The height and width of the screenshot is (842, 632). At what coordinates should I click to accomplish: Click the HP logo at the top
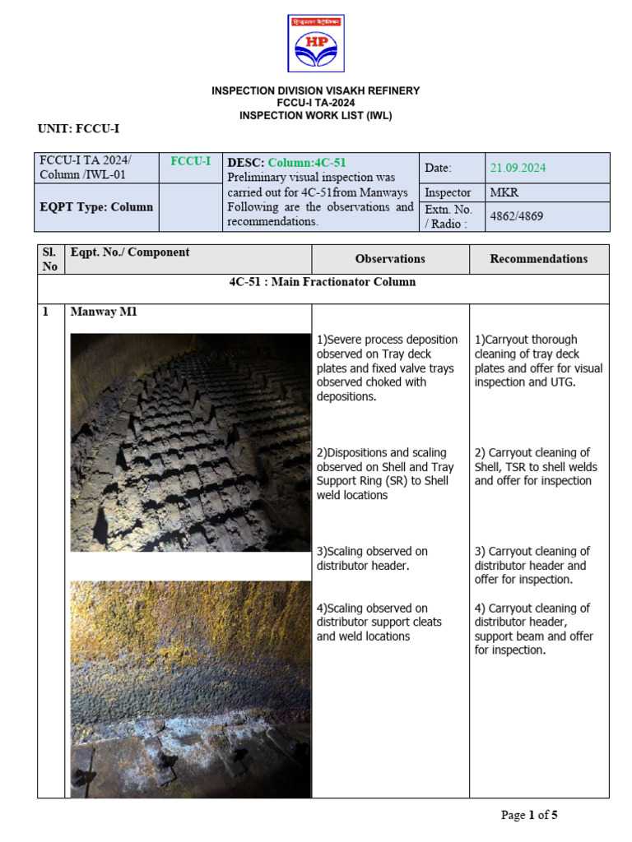click(316, 43)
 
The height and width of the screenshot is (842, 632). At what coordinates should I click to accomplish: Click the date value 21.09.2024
click(518, 168)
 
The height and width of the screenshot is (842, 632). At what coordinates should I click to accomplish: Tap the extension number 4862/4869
click(517, 216)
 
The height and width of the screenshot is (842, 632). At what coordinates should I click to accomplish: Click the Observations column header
click(390, 258)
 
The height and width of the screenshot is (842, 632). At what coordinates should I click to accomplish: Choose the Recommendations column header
click(539, 258)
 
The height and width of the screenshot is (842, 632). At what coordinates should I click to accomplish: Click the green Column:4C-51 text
click(307, 163)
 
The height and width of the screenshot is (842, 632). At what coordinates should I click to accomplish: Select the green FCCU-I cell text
click(190, 161)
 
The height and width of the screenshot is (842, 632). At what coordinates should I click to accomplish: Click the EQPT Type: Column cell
click(96, 206)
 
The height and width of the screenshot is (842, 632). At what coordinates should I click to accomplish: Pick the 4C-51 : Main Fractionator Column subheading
click(323, 282)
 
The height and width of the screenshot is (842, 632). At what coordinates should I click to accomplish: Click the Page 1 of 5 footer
click(529, 815)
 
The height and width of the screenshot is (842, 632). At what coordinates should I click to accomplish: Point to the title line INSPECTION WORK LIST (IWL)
click(316, 115)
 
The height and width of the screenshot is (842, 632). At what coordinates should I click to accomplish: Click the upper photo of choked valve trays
click(190, 442)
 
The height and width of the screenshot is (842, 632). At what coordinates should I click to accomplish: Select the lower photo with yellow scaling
click(190, 689)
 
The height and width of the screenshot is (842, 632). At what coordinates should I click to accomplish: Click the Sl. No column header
click(50, 258)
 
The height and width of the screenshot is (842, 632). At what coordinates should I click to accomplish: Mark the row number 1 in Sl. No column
click(46, 312)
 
